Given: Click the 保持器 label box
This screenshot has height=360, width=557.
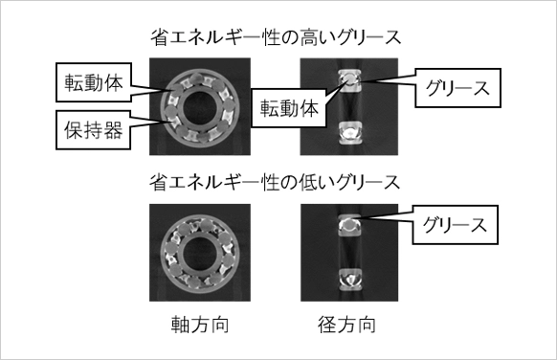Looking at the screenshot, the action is click(94, 130).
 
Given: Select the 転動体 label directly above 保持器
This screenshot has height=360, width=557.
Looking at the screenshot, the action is click(94, 82).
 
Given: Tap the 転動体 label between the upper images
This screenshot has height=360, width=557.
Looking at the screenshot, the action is click(289, 108).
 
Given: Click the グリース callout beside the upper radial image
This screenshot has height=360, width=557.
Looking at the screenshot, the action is click(457, 88).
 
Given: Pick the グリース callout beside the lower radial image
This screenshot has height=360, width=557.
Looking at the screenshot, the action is click(455, 225).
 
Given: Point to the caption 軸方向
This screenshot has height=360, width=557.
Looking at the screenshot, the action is click(200, 325).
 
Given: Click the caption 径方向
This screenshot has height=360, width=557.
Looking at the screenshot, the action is click(347, 325).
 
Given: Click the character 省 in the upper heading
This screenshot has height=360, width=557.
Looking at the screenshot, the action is click(160, 38).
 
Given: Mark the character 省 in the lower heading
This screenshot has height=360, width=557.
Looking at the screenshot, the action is click(159, 183).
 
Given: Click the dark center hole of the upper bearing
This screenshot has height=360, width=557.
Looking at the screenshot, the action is click(200, 107).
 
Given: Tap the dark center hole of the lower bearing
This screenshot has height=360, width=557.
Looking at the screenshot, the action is click(200, 254).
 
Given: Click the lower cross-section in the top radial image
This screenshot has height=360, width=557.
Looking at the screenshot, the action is click(350, 133).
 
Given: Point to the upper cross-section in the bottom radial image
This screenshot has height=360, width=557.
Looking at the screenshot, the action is click(350, 225).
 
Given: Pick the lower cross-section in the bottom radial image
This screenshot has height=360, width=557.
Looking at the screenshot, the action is click(350, 280).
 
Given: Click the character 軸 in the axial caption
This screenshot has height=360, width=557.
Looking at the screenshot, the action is click(181, 325).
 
